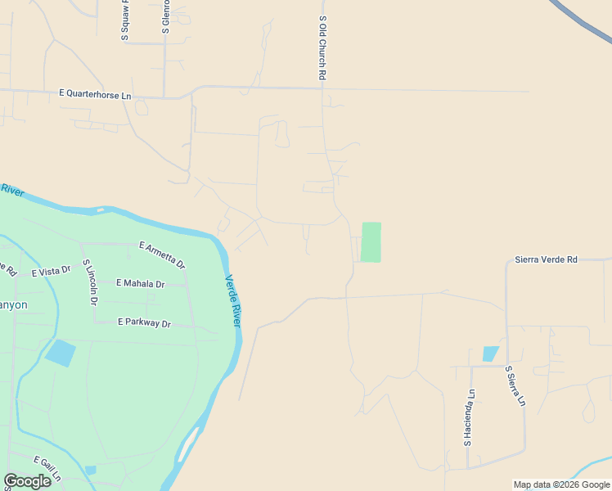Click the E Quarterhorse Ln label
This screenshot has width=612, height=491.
point(95,95)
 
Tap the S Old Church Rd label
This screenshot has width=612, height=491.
point(323,47)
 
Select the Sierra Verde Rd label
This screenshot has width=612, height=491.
point(546,259)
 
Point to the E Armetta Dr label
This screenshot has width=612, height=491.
point(162,255)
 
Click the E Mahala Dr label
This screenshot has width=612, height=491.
point(140,283)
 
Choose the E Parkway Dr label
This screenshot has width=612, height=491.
point(144,323)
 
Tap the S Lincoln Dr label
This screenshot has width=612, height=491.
point(90,282)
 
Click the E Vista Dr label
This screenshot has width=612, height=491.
point(52,271)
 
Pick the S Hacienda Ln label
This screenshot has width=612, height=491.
point(470,417)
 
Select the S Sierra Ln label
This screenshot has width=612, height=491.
point(515,386)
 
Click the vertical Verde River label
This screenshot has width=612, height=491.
point(233,301)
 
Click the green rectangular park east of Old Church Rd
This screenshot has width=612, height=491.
point(371,242)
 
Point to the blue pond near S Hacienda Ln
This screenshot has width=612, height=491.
point(490,354)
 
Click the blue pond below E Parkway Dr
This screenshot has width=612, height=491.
point(61,353)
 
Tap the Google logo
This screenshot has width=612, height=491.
point(27,481)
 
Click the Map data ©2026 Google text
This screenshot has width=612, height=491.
point(561,484)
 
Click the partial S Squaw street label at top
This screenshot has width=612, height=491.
point(125,20)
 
